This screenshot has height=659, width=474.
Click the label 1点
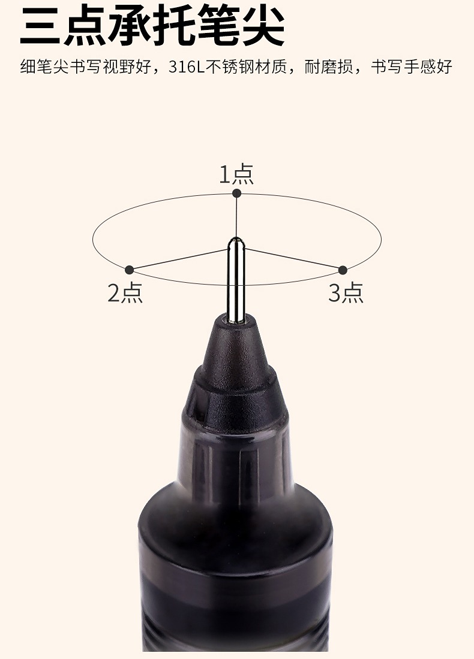(236, 174)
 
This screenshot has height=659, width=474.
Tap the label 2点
(125, 292)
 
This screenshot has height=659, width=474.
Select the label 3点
(346, 292)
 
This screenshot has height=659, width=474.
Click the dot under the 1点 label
(237, 193)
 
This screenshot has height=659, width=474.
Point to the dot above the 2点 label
(130, 270)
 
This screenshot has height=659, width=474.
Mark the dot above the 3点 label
(343, 270)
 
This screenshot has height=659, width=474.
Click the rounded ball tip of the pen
(236, 243)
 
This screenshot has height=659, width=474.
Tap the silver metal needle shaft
(236, 281)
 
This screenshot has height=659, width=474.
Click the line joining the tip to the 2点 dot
(179, 259)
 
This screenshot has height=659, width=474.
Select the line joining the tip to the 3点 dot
(293, 259)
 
